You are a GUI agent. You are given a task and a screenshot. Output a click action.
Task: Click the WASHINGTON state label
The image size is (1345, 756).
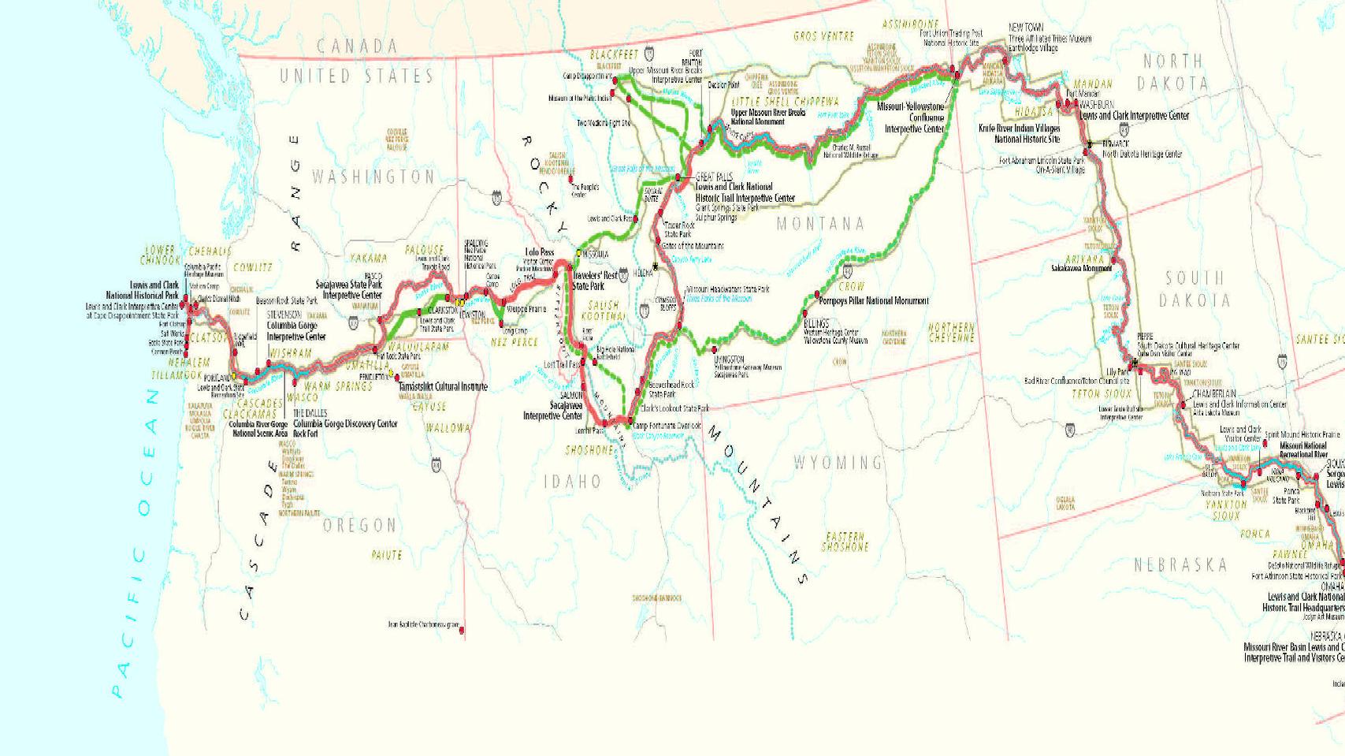click(373, 177)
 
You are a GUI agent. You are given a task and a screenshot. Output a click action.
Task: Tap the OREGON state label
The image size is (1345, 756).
click(359, 525)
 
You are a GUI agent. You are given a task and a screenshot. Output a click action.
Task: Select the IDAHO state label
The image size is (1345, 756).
click(572, 481)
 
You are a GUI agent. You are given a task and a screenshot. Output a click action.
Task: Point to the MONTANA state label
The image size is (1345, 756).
click(820, 224)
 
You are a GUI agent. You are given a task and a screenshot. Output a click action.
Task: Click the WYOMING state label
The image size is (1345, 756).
click(838, 462)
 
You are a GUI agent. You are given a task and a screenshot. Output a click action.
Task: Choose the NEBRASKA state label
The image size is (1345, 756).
click(1180, 564)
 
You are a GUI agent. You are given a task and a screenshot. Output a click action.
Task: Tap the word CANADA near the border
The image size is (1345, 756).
click(357, 47)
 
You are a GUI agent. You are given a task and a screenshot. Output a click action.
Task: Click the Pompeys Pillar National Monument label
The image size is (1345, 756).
click(874, 301)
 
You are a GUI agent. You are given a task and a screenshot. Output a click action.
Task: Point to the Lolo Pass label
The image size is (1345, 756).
click(540, 253)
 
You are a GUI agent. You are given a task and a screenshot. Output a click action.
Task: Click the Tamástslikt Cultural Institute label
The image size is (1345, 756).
click(442, 387)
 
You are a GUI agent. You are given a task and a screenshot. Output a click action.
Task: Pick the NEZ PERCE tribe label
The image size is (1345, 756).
click(514, 342)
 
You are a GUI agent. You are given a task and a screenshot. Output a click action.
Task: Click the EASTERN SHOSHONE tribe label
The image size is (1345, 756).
click(845, 541)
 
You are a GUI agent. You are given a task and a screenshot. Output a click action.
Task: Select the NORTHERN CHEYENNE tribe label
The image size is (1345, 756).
click(951, 332)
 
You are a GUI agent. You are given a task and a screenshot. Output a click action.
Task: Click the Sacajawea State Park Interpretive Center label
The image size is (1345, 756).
click(349, 289)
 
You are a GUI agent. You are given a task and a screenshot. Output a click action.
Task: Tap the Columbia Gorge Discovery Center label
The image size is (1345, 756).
click(345, 423)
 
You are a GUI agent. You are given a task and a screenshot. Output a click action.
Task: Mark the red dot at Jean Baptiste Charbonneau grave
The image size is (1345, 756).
click(462, 629)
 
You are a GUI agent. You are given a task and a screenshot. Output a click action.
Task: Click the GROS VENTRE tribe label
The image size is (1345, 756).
click(823, 36)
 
